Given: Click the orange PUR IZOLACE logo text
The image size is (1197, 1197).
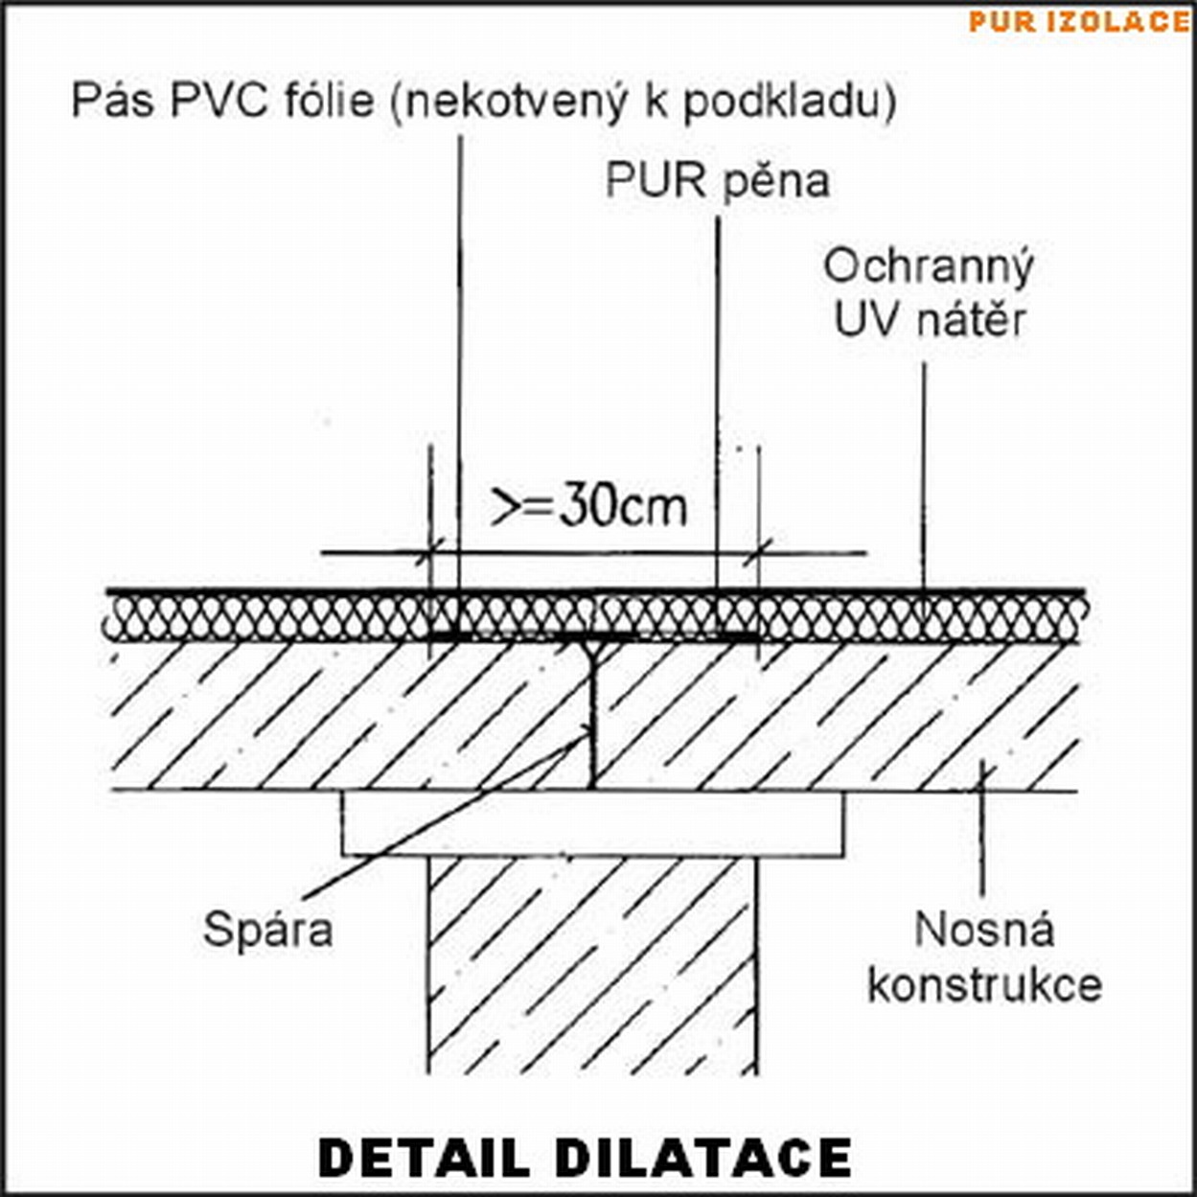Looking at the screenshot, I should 1078,21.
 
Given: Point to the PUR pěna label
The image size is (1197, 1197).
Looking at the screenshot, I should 717,181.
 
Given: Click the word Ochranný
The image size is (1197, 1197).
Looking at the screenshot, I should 929,268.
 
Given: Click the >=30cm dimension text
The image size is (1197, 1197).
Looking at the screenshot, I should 589,506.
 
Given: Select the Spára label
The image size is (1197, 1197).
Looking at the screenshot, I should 267,929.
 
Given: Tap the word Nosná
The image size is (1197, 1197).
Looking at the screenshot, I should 984,930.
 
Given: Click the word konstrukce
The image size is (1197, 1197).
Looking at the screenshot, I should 984,985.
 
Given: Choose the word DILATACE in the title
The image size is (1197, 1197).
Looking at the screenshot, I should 703,1157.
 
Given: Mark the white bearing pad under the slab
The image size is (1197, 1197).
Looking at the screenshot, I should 592,822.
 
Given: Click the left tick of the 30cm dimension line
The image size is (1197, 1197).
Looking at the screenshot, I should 430,552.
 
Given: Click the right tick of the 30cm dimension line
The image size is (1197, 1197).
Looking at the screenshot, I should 759,552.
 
